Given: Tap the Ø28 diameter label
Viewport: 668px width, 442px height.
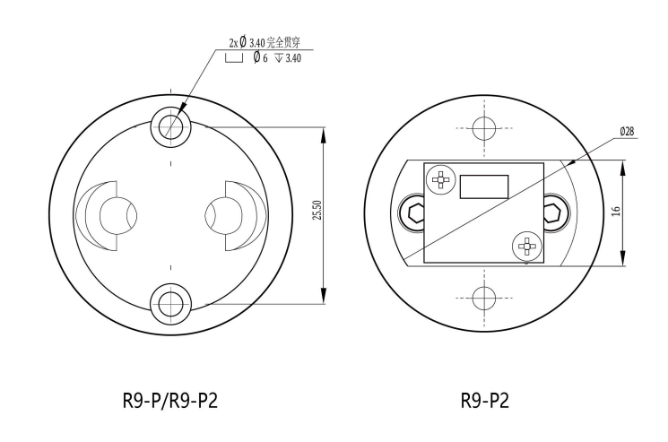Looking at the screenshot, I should (x=627, y=131).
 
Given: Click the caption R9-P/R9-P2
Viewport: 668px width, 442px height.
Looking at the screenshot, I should (x=169, y=400).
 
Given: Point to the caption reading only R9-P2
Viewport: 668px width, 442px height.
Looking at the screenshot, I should (x=485, y=400).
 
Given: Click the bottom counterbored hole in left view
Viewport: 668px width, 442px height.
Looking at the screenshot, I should (x=169, y=305).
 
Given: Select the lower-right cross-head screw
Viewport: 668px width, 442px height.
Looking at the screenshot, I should (x=526, y=245).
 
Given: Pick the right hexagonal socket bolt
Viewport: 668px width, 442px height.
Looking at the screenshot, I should (x=554, y=213).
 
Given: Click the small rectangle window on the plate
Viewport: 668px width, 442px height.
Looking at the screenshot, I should (x=484, y=186).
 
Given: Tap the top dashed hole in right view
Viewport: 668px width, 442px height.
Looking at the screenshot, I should (x=484, y=126).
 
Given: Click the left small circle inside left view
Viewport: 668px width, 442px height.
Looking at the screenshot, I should (x=114, y=214).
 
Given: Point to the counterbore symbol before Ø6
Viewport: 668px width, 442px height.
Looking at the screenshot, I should (x=234, y=58).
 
